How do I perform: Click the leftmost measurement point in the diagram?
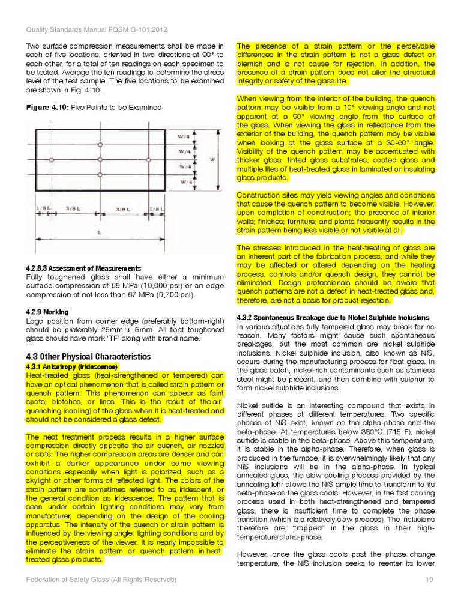(x=52, y=160)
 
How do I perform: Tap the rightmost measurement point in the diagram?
(x=148, y=160)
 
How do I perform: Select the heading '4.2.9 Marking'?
(x=47, y=312)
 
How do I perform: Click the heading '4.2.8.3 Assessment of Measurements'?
(x=83, y=268)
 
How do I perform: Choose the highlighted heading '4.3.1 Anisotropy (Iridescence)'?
(x=72, y=366)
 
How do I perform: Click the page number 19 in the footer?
(x=429, y=580)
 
